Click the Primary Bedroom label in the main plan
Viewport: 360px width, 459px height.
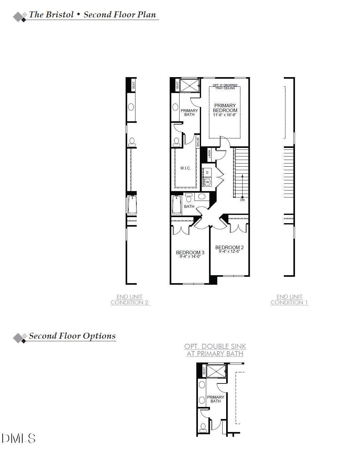tap(225, 108)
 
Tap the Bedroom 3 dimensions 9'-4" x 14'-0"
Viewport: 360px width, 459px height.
tap(190, 256)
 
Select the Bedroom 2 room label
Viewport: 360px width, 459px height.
tap(229, 248)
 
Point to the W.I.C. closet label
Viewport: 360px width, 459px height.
tap(186, 168)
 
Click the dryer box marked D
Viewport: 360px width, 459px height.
tap(207, 172)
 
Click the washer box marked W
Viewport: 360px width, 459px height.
tap(207, 182)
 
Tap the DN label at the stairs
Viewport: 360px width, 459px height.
tap(242, 200)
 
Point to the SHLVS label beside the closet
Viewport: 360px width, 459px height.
tap(198, 142)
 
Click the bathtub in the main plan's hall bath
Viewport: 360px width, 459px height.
tap(177, 205)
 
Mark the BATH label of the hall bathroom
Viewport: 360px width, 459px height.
tap(189, 207)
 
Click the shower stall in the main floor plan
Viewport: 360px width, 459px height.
tap(189, 85)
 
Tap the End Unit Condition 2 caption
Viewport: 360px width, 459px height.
tap(130, 300)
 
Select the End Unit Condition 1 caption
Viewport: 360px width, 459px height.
tap(289, 300)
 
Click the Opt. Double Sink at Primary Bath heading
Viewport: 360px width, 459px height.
tap(215, 350)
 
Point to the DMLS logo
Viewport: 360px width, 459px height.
tap(18, 438)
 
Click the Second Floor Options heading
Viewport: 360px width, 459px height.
tap(72, 336)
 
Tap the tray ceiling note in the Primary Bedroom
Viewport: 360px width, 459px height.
tap(225, 87)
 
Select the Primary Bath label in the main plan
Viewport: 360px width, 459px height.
tap(189, 112)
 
